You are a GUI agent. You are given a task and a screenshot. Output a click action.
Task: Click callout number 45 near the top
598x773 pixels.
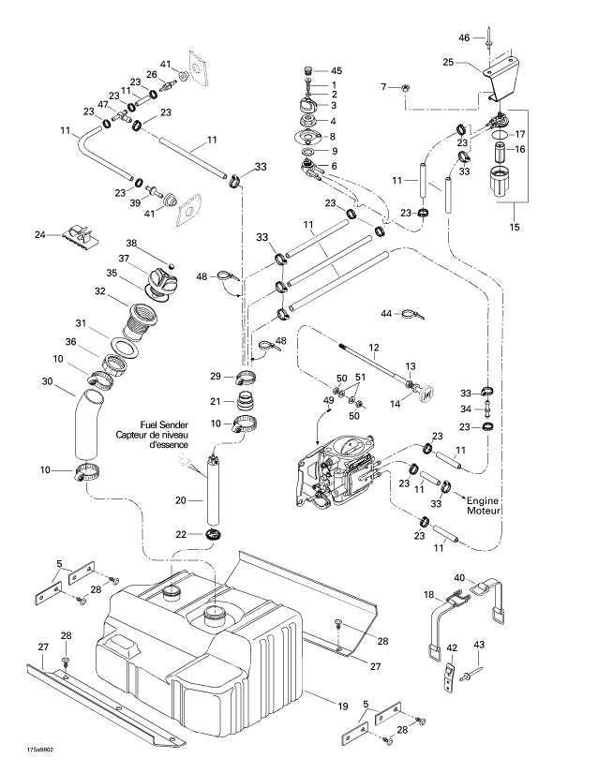tap(336, 70)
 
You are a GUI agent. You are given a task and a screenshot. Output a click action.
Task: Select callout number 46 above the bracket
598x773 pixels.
tap(463, 37)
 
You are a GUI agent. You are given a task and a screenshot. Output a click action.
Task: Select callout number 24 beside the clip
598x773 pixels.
tap(40, 234)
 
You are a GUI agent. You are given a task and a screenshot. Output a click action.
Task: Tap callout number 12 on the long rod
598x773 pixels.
tap(373, 346)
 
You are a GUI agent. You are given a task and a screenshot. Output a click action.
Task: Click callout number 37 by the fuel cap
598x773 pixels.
tap(123, 259)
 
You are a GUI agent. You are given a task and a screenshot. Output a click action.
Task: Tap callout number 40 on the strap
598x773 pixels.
tap(459, 578)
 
